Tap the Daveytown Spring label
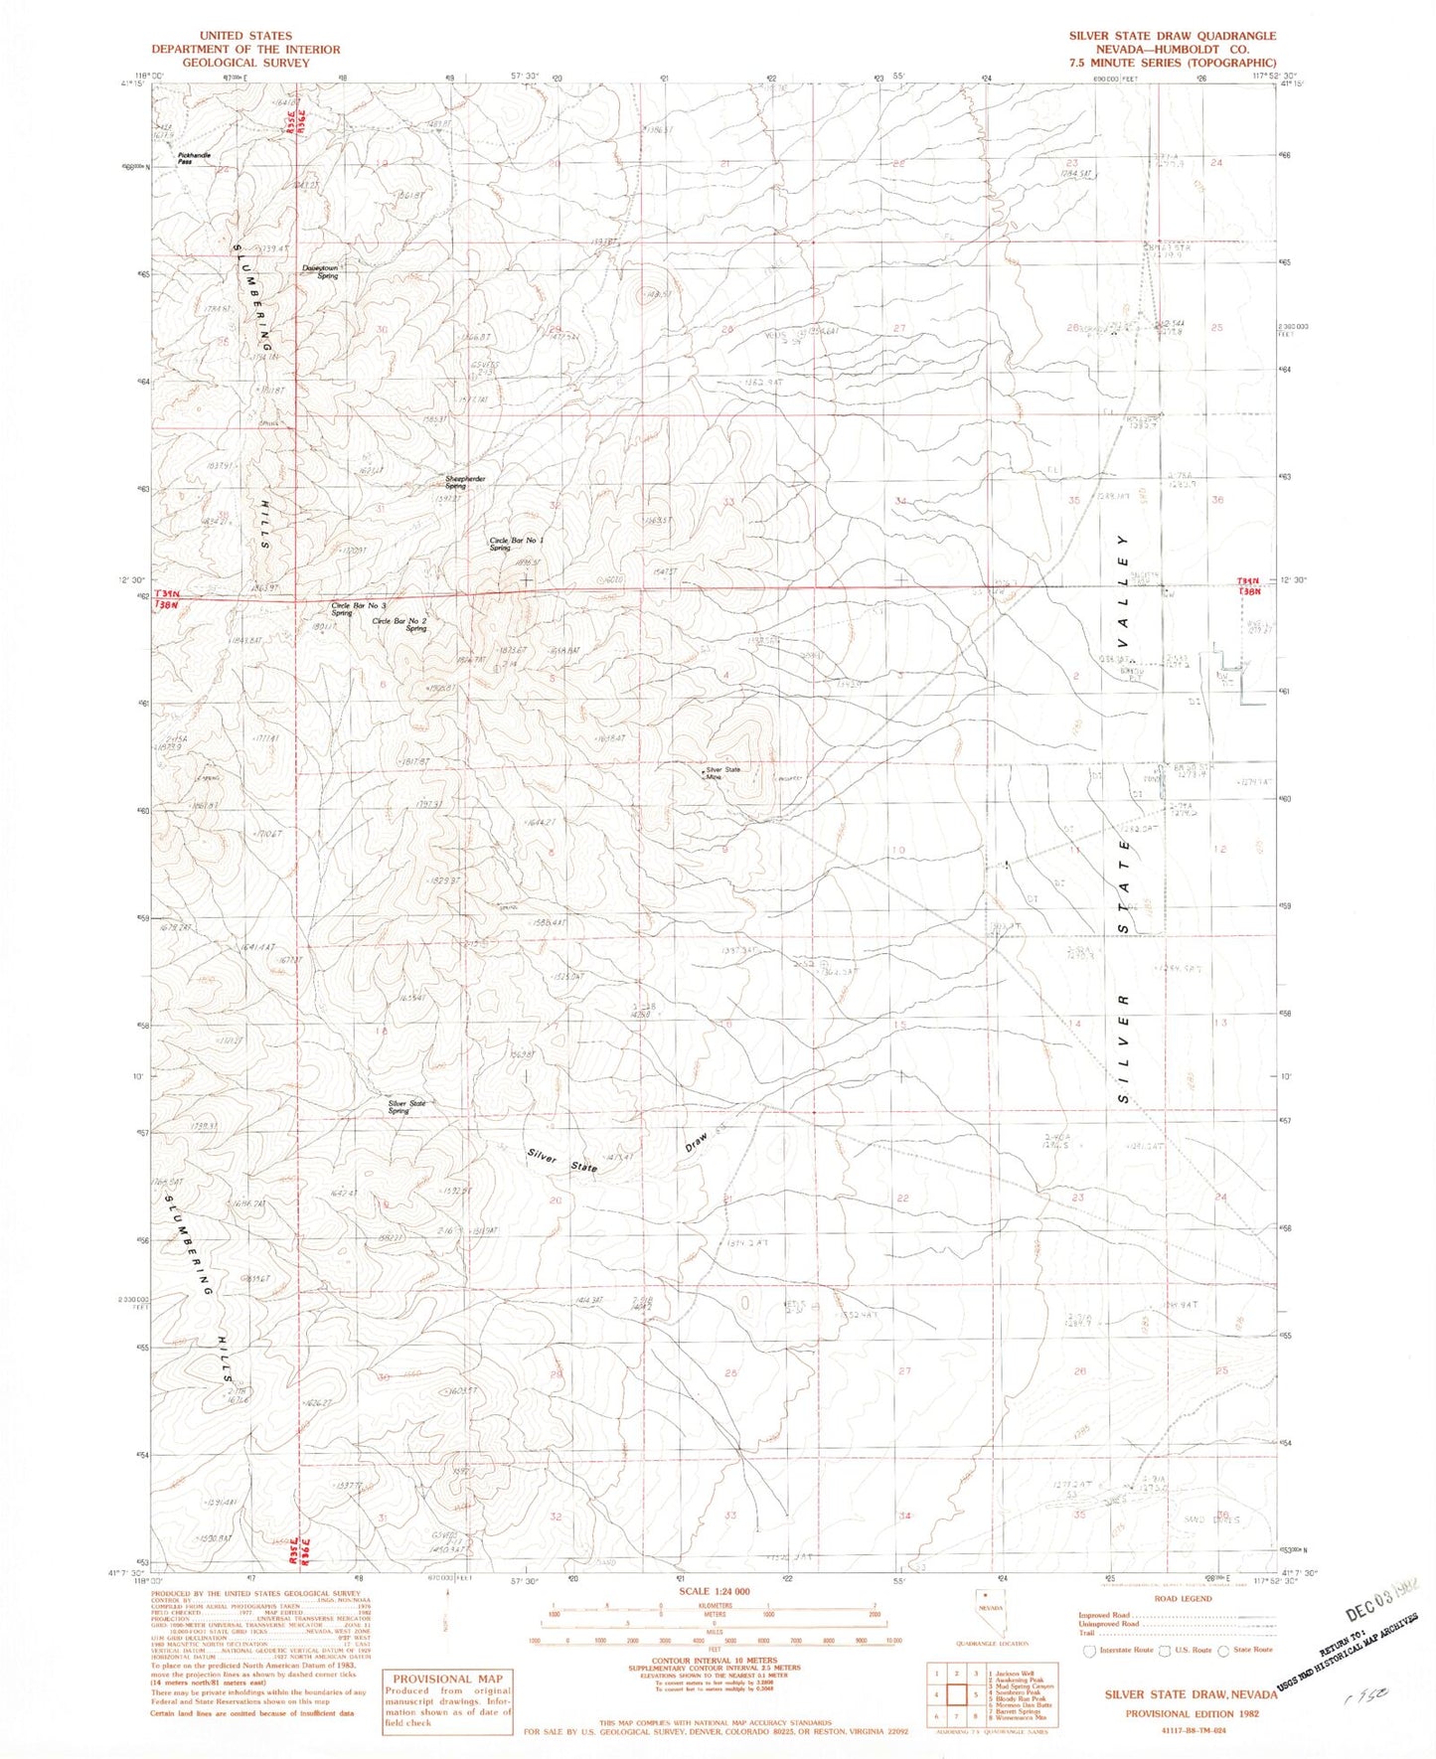coord(321,271)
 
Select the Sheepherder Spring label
coord(465,482)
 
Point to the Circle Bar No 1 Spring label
coord(516,544)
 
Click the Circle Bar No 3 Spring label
coord(359,609)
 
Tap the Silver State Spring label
coord(406,1106)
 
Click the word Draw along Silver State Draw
coord(699,1138)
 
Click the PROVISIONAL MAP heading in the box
coord(448,1679)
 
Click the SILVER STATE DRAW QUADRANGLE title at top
coord(1172,36)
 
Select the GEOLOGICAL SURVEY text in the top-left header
coord(245,63)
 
